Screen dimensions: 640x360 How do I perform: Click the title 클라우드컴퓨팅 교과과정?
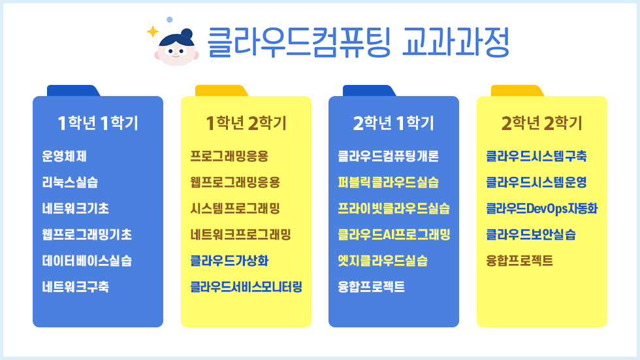[359, 42]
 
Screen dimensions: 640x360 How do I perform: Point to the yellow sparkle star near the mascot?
[153, 31]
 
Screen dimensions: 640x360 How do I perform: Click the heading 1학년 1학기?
[98, 123]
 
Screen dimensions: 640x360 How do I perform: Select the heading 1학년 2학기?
[246, 123]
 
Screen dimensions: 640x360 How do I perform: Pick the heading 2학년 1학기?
[393, 123]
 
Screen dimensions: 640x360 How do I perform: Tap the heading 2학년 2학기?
[541, 123]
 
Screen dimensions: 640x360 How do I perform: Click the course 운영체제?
[64, 156]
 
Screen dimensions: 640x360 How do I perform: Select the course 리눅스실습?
[70, 182]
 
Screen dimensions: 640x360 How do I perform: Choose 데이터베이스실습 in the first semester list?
[87, 261]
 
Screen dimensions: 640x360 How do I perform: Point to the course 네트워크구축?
[76, 287]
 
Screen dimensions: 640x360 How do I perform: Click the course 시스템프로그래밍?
[235, 208]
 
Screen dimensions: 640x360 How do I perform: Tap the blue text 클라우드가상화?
[229, 261]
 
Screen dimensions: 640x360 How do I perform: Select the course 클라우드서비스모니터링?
[246, 287]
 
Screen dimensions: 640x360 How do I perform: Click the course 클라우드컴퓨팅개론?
[388, 156]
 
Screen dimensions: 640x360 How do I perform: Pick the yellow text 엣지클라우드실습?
[383, 261]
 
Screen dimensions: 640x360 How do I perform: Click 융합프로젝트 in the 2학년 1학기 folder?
[371, 287]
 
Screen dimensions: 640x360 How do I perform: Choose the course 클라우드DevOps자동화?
[541, 208]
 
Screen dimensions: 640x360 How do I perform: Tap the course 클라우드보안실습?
[530, 235]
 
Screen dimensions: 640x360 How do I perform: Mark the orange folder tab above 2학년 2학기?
[517, 91]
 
